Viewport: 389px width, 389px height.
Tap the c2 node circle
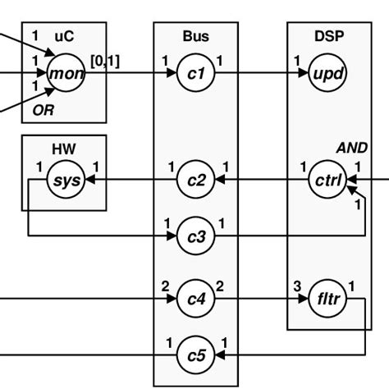click(x=195, y=180)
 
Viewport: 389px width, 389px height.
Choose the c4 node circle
click(x=195, y=299)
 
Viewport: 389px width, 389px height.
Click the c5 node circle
click(x=195, y=355)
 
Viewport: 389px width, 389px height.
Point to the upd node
click(x=329, y=74)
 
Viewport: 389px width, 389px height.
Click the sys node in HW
click(x=65, y=180)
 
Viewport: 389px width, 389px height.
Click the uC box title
click(x=64, y=36)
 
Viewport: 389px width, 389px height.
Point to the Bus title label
click(x=195, y=36)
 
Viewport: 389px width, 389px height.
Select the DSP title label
click(x=329, y=36)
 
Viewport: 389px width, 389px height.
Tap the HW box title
click(x=64, y=149)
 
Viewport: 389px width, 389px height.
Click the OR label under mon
click(x=43, y=108)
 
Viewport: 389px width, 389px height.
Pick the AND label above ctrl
click(x=352, y=148)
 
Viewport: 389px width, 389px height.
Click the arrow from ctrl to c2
click(x=263, y=180)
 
